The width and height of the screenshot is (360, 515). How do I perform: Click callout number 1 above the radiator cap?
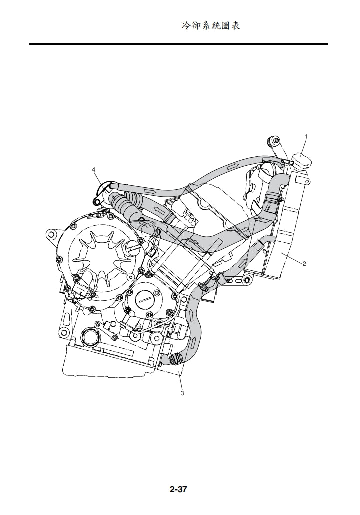(306, 136)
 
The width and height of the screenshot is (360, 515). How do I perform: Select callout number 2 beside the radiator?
(304, 263)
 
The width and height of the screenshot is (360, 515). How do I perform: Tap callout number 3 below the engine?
(182, 393)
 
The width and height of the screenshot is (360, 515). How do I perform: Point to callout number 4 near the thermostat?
(94, 169)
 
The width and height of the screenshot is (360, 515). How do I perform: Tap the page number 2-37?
(178, 489)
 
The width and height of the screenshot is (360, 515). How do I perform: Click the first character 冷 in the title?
(186, 26)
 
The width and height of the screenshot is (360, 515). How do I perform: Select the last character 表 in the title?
(236, 26)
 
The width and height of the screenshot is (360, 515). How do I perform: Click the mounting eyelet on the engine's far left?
(51, 235)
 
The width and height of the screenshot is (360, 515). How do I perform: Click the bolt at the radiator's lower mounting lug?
(247, 281)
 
